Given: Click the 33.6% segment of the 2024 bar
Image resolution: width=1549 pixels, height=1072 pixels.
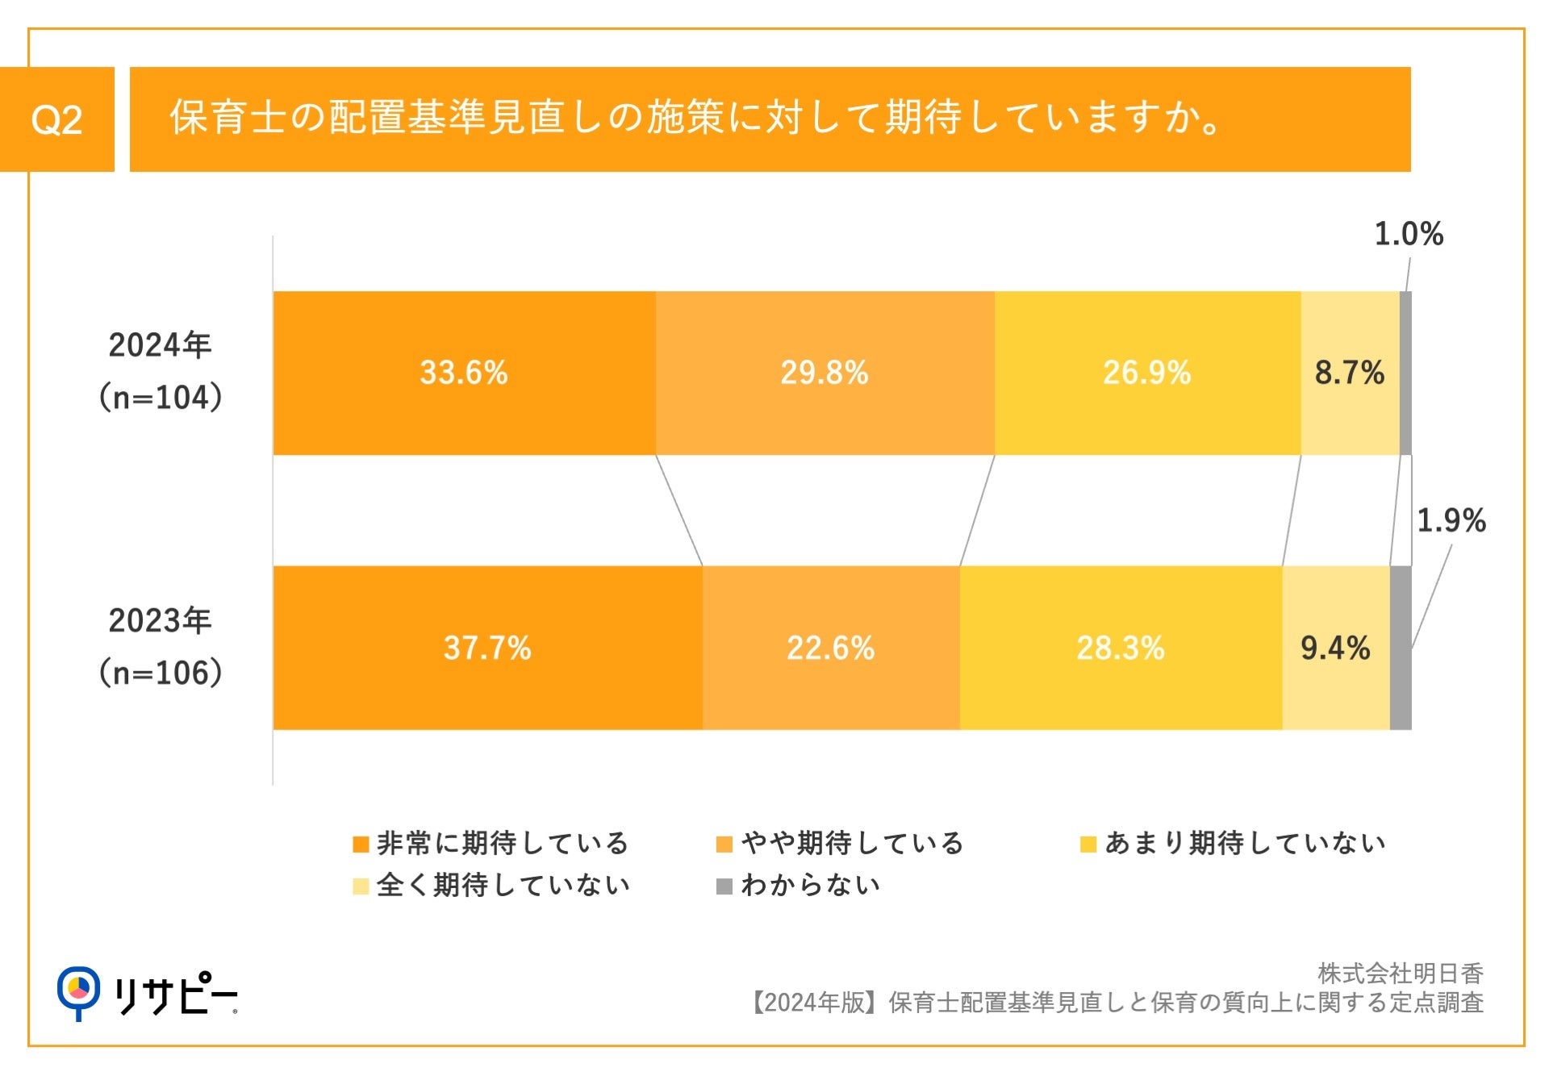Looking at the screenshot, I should pos(464,373).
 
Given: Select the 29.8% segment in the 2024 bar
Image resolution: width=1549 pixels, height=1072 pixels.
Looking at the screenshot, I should pos(825,373).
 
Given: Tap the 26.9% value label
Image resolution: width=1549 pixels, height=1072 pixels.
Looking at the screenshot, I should pos(1146,373).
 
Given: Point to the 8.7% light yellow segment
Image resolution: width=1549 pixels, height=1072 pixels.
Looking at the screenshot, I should pos(1349,373).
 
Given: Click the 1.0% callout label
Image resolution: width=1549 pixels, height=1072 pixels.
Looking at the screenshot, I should pos(1408,234).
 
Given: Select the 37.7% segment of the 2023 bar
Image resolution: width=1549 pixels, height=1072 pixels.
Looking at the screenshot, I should pos(487,648).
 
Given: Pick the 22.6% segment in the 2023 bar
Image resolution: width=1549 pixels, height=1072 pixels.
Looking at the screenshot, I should pos(830,648).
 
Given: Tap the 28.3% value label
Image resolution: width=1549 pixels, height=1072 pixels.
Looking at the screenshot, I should pos(1120,648).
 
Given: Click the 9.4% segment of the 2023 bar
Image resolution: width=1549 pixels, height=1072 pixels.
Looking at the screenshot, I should pos(1335,648).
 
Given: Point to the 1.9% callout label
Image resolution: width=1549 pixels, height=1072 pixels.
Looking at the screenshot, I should pos(1451,520).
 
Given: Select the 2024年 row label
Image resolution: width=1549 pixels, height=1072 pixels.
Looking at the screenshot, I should pos(160,345).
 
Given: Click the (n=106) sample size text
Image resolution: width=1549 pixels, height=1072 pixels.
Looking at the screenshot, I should pos(160,673).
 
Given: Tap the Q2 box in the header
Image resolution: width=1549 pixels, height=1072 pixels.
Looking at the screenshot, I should pos(56,119).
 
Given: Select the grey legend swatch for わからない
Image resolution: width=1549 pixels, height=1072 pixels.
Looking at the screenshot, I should pos(724,886).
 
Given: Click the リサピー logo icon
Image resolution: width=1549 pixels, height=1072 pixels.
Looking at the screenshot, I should pos(78,991).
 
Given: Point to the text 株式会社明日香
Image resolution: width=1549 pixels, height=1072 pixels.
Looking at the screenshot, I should pos(1400,973).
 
